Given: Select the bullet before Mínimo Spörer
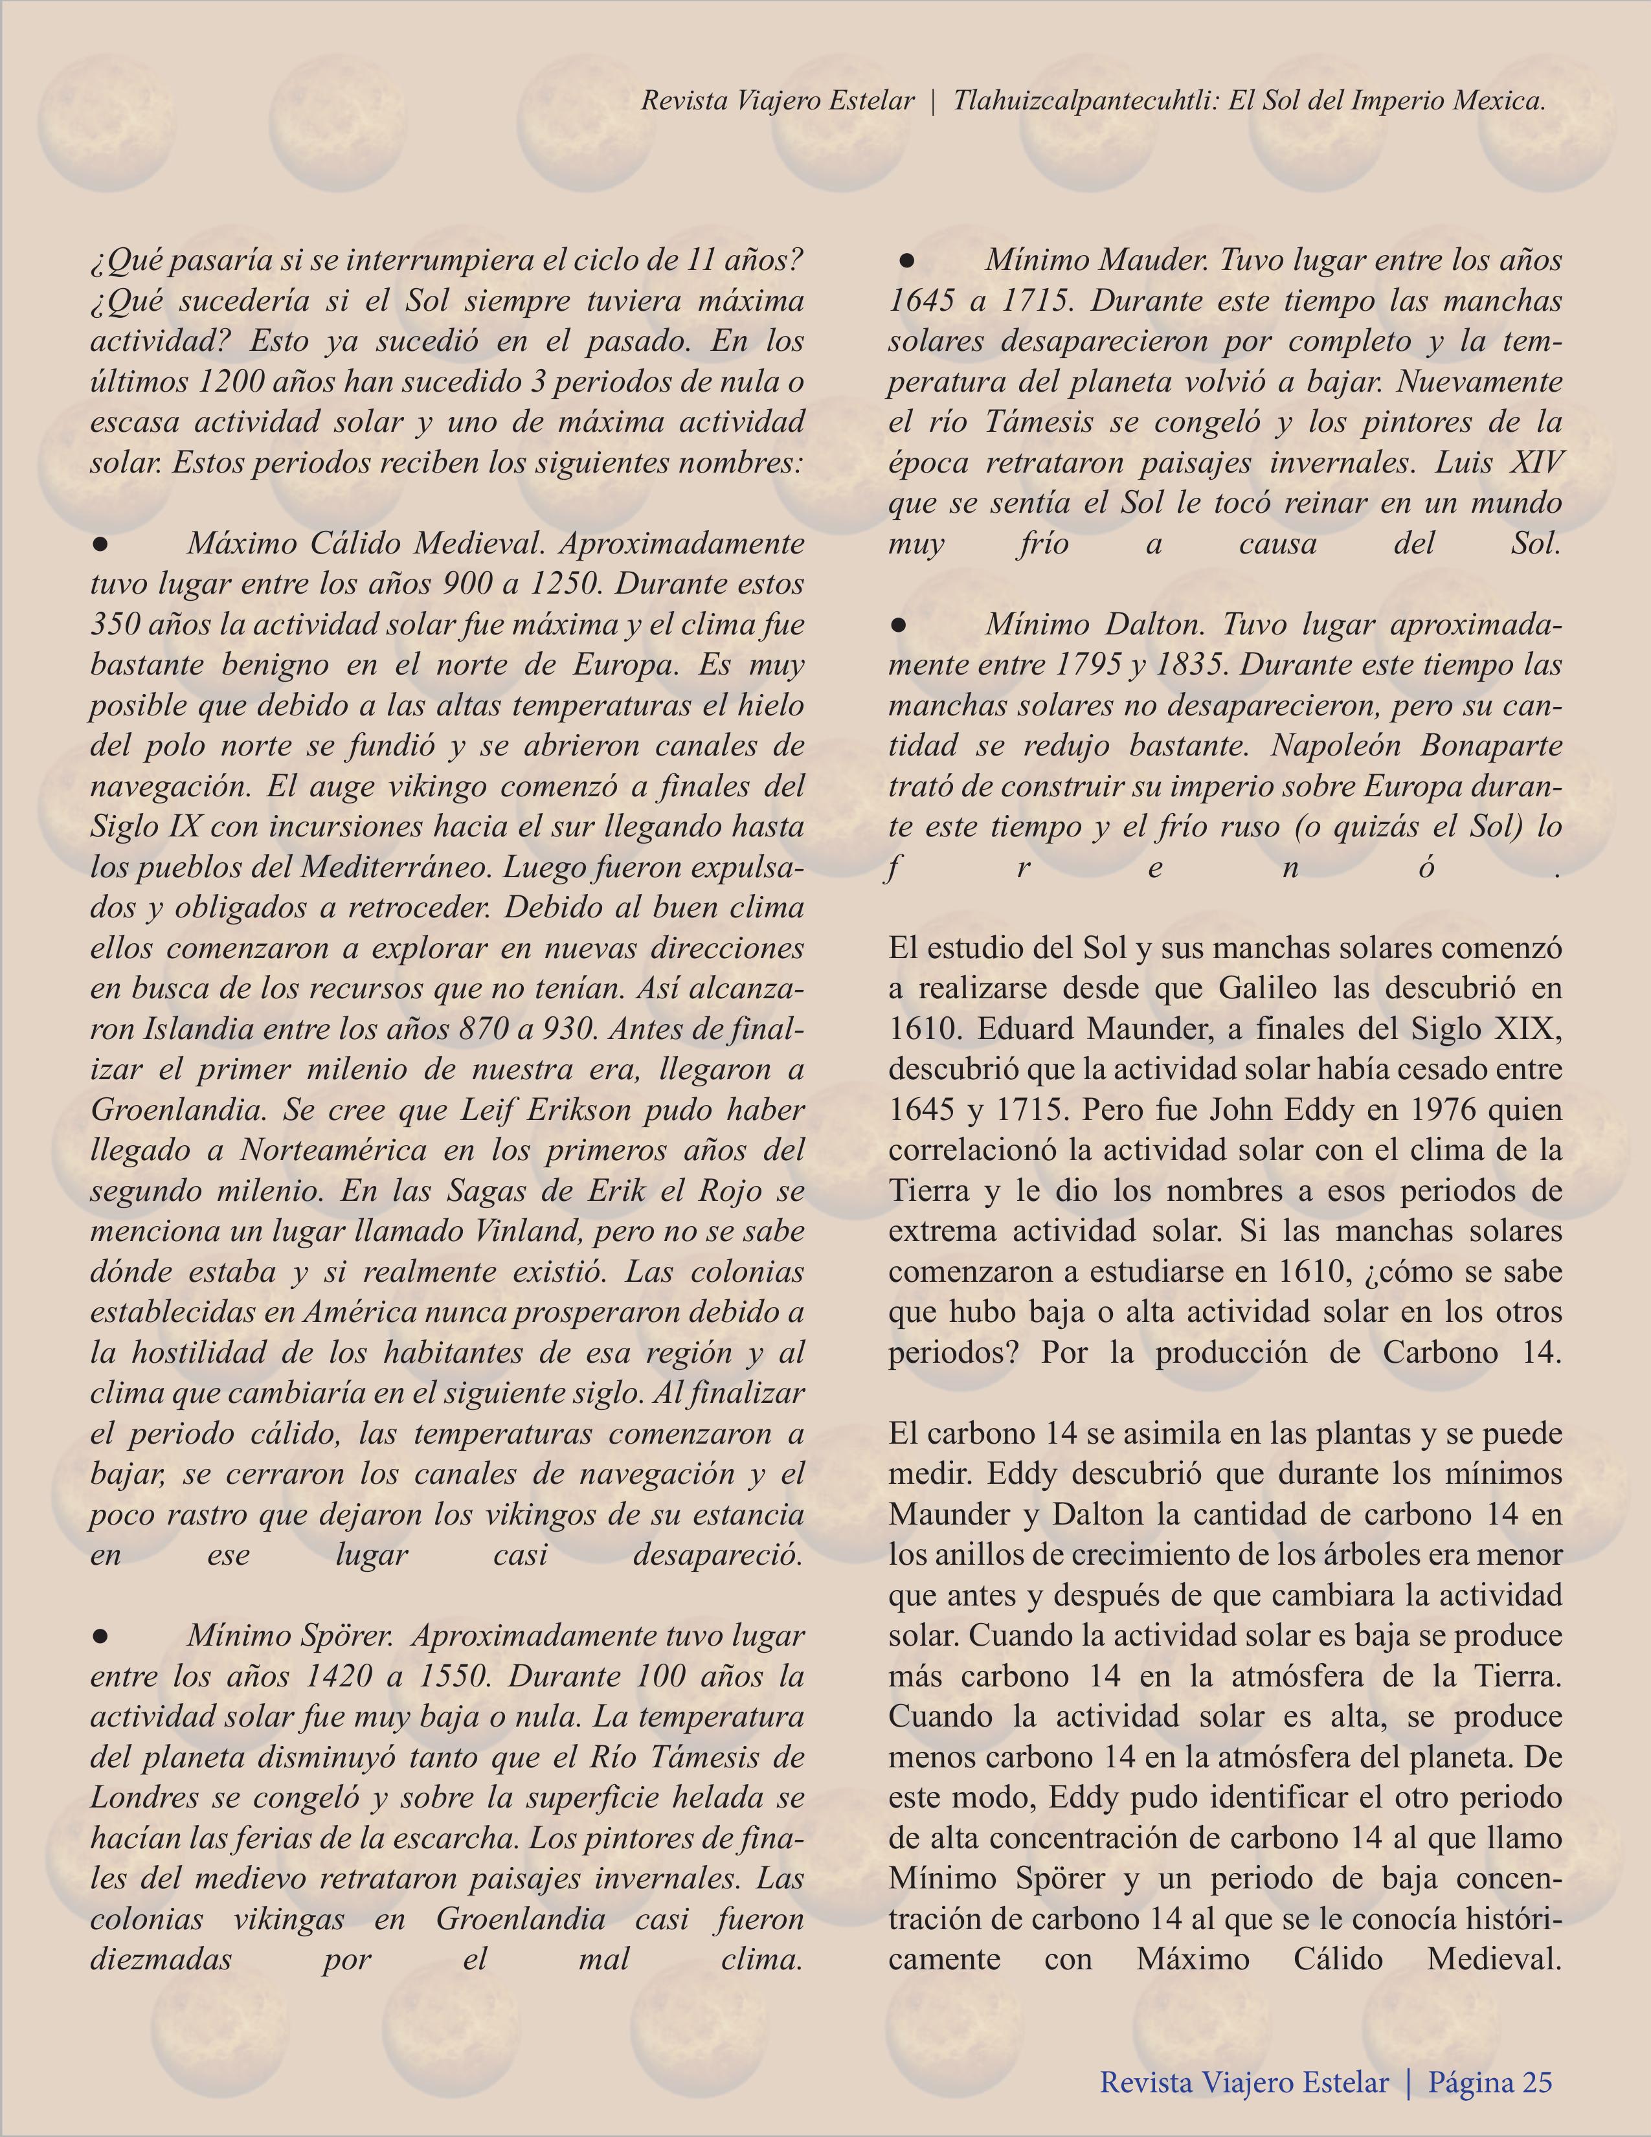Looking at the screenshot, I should point(99,1636).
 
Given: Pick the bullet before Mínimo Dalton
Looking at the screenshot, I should point(901,623).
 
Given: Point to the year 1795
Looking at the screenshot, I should point(1097,664).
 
